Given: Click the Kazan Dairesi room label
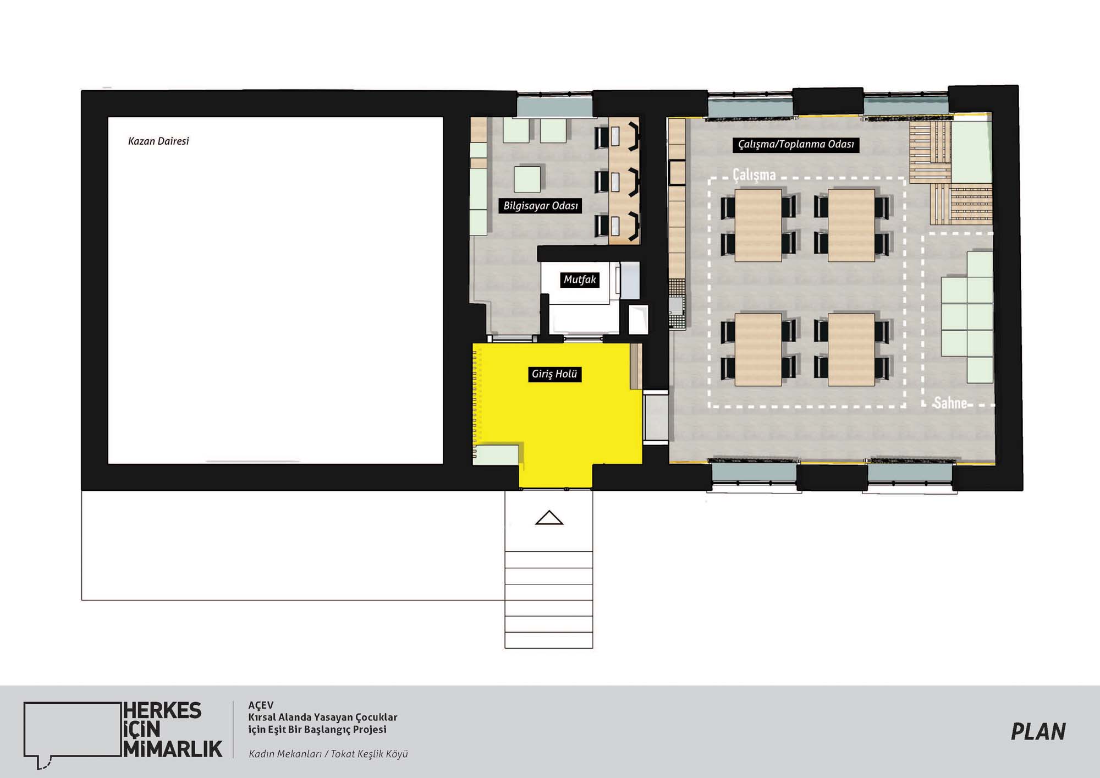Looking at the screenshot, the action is (x=158, y=141).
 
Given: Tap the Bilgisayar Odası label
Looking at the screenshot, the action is (x=541, y=206).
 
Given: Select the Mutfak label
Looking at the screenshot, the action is (x=580, y=280).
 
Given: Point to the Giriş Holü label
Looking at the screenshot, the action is (x=554, y=374).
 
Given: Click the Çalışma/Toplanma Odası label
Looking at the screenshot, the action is (x=796, y=144).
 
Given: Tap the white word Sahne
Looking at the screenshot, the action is (x=950, y=403).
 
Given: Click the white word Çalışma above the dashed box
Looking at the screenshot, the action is (x=754, y=175).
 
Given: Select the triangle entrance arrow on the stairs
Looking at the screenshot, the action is (x=549, y=518).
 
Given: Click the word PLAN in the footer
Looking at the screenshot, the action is (x=1038, y=731).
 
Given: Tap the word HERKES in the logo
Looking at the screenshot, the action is (x=162, y=710).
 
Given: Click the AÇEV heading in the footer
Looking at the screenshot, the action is (x=261, y=705).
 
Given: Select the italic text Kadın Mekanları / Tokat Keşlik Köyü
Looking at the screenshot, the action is (x=328, y=754).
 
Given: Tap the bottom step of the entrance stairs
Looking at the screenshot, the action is (x=549, y=640).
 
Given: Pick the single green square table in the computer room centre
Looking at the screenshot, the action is (x=527, y=179).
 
